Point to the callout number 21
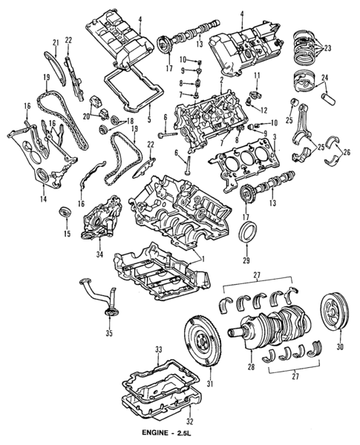click(56, 42)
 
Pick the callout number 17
click(245, 217)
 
